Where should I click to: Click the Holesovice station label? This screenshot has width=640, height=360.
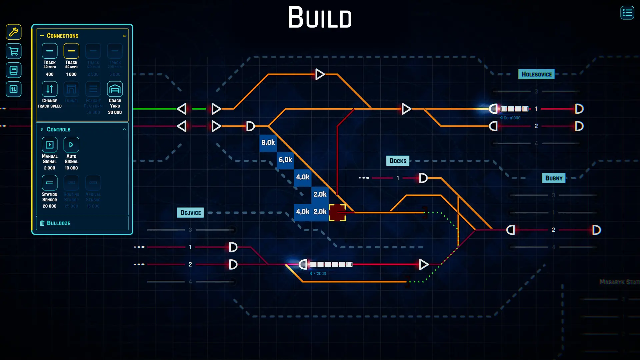click(x=536, y=74)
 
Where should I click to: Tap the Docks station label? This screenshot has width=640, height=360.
click(x=398, y=161)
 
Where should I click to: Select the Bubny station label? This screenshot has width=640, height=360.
click(x=553, y=178)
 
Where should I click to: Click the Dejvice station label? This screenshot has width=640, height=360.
click(x=190, y=213)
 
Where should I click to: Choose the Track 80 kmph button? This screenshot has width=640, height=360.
click(x=71, y=51)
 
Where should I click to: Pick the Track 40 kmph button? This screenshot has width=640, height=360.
click(x=49, y=51)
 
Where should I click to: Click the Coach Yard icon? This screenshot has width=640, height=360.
click(x=115, y=89)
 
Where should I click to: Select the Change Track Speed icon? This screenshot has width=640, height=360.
click(x=49, y=89)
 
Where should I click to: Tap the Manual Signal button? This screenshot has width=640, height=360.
click(x=49, y=145)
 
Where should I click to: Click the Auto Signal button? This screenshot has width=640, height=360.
click(x=71, y=145)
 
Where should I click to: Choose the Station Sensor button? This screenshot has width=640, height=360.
click(x=49, y=183)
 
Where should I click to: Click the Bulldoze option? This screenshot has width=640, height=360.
click(x=59, y=223)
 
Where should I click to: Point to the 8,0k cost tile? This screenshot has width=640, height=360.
click(x=268, y=143)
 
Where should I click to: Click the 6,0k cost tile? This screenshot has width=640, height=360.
click(x=285, y=160)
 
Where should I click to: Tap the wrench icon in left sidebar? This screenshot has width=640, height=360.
click(x=14, y=32)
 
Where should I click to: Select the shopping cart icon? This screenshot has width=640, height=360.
click(x=14, y=51)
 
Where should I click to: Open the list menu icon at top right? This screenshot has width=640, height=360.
click(x=627, y=13)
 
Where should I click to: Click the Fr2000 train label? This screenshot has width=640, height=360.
click(x=319, y=274)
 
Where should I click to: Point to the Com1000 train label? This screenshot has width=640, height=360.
click(x=511, y=118)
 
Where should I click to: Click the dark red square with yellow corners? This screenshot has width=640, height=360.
click(x=337, y=213)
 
